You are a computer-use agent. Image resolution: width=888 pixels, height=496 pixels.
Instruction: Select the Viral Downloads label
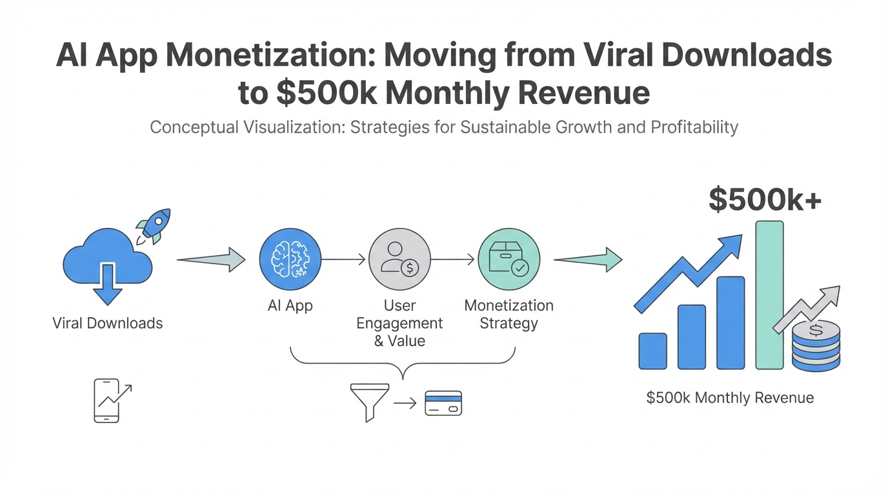(107, 323)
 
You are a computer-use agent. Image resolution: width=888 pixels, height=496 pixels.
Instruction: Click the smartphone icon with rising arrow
(110, 400)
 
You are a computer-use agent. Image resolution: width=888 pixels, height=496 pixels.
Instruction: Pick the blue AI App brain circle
(290, 260)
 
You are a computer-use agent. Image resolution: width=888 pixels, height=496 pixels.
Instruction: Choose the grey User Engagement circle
(399, 260)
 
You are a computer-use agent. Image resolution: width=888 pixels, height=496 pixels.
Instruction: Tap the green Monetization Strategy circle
(509, 260)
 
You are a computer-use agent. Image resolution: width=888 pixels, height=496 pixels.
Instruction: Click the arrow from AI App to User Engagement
(344, 260)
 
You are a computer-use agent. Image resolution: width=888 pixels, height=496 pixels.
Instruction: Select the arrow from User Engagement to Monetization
(453, 260)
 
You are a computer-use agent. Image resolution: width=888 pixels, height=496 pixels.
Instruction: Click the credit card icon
(443, 403)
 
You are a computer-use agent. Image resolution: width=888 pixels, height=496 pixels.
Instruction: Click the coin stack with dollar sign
(816, 346)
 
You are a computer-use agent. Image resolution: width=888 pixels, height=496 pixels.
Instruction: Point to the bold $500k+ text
(765, 200)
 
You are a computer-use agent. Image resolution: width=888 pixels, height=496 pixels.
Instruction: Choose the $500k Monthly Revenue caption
(730, 398)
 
